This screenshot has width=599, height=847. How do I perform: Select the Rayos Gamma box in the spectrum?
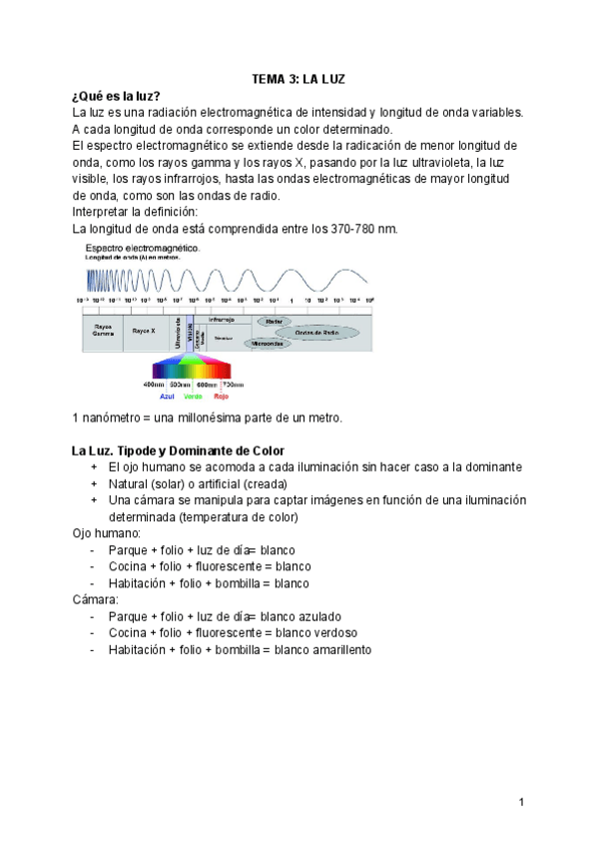(x=103, y=330)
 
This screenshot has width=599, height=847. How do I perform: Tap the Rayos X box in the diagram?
(x=144, y=330)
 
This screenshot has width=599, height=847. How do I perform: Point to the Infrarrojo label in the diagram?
(x=222, y=319)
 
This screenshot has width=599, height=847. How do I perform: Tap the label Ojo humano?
(x=107, y=533)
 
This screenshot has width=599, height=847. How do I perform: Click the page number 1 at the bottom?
(x=521, y=802)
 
